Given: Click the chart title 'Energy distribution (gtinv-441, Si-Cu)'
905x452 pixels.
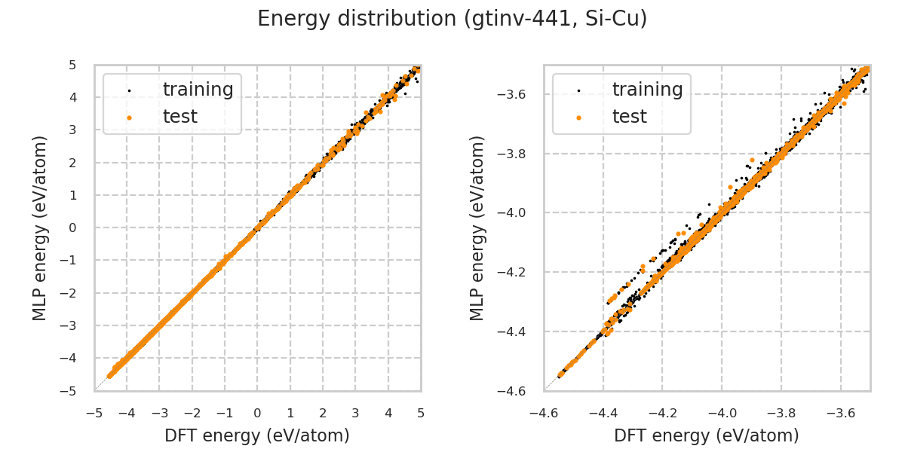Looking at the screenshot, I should (x=452, y=19).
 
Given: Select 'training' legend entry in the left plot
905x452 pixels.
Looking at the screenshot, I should (x=198, y=90).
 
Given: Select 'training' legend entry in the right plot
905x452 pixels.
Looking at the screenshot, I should (x=647, y=90).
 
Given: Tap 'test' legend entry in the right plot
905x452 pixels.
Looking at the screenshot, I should (x=629, y=117).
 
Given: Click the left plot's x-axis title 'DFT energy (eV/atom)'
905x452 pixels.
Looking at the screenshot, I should (x=257, y=435).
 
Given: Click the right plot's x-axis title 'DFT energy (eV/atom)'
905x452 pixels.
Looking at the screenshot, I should (x=707, y=435).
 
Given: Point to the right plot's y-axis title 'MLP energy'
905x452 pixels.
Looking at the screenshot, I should (x=478, y=228).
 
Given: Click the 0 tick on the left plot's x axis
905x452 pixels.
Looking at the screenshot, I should (x=257, y=413).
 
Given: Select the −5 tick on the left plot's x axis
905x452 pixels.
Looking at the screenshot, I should (x=94, y=413).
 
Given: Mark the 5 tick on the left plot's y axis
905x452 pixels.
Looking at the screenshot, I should (x=72, y=65).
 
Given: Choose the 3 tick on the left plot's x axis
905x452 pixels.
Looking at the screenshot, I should (x=355, y=413).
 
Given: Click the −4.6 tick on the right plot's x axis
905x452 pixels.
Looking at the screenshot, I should (x=544, y=413).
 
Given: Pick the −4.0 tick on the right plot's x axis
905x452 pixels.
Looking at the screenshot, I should (x=722, y=413).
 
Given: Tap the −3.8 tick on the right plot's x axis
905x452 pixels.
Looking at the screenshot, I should (x=781, y=413).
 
